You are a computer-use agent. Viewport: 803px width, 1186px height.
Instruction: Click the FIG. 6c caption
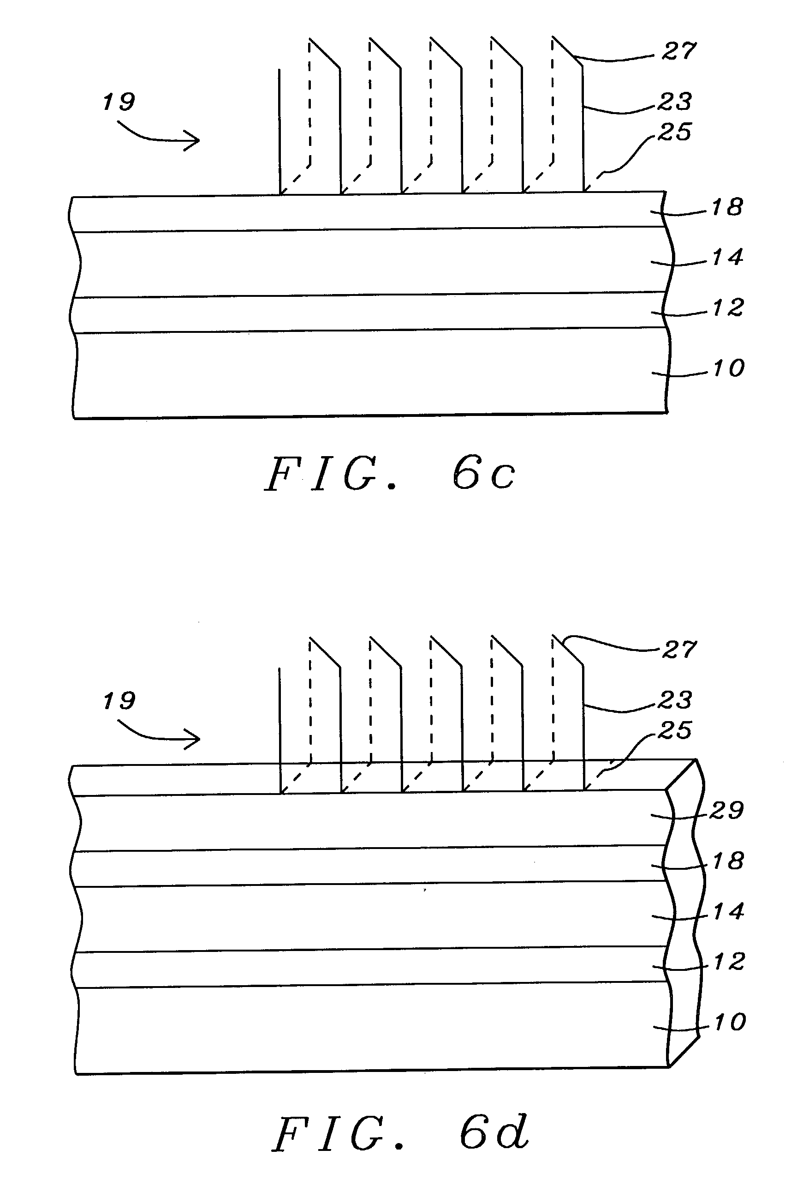[390, 474]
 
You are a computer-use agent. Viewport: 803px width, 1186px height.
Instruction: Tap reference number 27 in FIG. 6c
[678, 52]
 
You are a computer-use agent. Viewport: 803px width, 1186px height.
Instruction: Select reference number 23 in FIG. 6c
[674, 102]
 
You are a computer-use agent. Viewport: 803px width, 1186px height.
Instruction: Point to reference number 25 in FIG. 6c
[674, 132]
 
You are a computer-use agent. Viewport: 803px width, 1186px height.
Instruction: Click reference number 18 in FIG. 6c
[726, 207]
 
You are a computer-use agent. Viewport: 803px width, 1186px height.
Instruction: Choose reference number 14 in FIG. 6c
[727, 257]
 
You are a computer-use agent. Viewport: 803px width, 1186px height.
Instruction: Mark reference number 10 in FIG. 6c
[729, 368]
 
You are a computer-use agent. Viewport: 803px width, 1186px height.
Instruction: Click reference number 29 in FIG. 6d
[726, 810]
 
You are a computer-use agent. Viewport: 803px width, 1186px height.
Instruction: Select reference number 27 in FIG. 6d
[678, 650]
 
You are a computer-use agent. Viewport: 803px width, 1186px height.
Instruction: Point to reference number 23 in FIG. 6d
[674, 700]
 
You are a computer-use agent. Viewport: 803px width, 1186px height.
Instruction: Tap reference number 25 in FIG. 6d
[674, 731]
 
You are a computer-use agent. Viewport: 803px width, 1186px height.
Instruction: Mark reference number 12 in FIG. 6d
[729, 962]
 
